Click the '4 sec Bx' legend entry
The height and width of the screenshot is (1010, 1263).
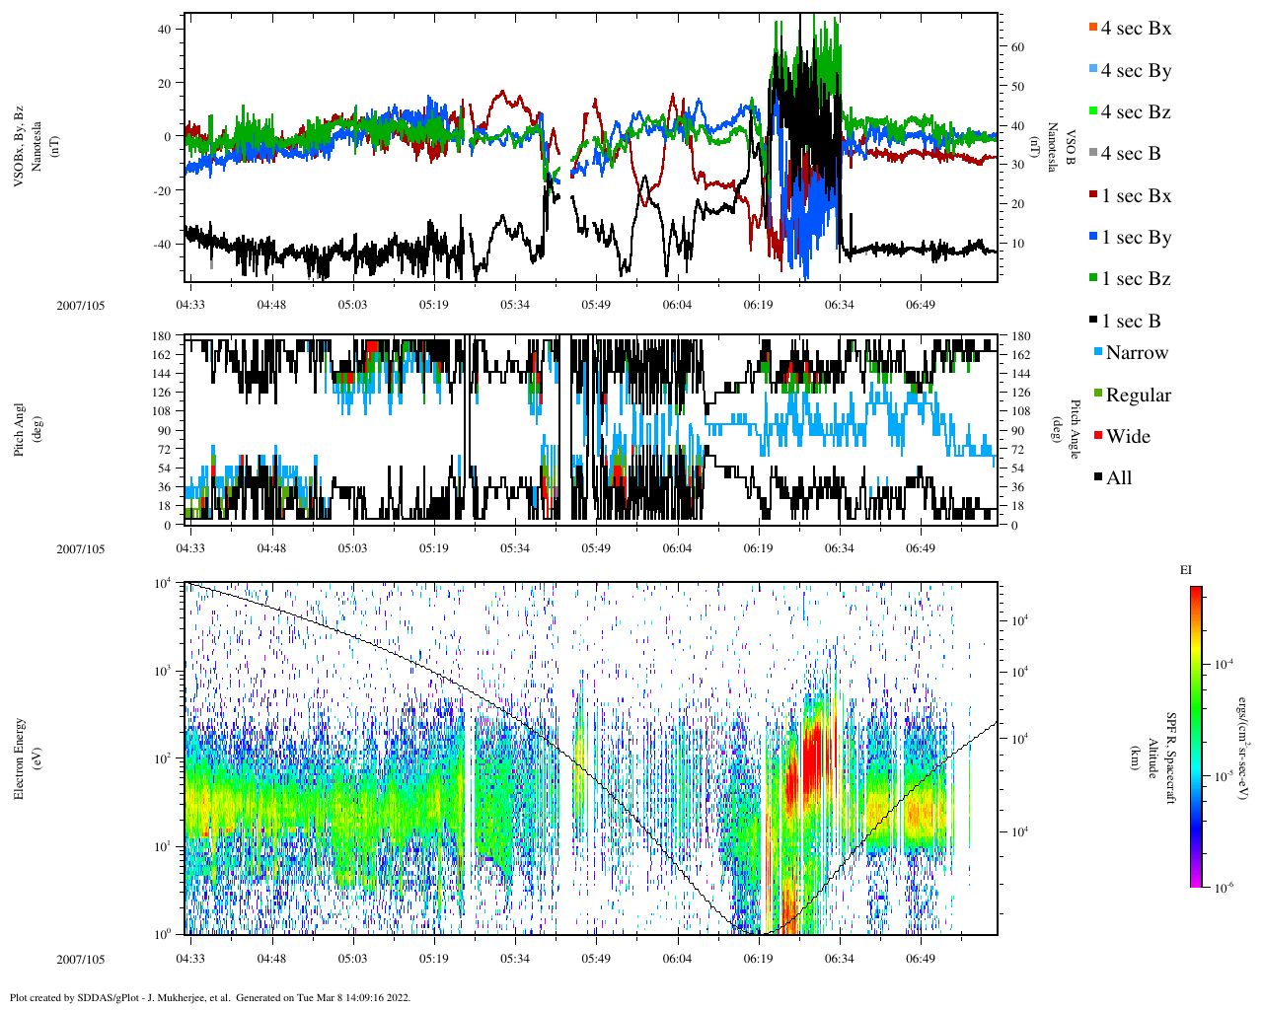[1135, 29]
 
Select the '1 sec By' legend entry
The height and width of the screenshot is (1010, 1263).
[1136, 238]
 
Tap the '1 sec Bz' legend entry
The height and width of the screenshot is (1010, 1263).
[1136, 279]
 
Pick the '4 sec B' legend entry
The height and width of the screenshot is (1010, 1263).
[1131, 154]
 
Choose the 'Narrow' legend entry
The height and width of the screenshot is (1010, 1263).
[1136, 353]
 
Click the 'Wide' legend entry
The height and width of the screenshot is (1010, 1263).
[1127, 437]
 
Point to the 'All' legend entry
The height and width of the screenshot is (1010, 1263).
[1118, 478]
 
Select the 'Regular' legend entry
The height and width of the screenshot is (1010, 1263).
[1138, 396]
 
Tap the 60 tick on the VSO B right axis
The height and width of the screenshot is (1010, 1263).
[1016, 47]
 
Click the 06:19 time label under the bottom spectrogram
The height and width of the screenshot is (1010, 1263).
[758, 959]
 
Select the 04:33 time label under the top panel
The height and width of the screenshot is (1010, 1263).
[190, 305]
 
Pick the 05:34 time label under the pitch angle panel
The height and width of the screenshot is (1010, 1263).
[514, 548]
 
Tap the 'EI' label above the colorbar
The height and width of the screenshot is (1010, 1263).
[1186, 570]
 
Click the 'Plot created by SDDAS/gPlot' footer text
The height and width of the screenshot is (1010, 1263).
[209, 997]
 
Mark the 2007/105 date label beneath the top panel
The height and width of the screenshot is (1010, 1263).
[81, 305]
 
